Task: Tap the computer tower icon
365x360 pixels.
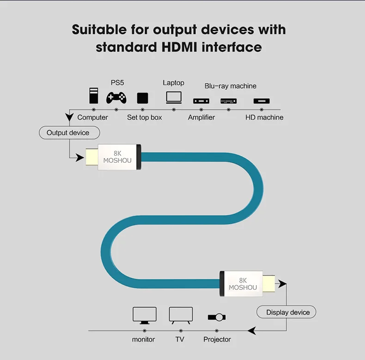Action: pos(94,96)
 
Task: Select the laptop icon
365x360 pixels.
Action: pos(174,97)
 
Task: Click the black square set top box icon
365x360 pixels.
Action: pos(142,98)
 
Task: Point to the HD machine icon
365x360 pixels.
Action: pos(262,101)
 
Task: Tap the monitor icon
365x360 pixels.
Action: pos(144,315)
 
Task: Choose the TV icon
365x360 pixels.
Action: pos(180,315)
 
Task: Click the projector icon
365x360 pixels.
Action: pos(217,317)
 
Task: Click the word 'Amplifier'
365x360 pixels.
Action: pos(201,117)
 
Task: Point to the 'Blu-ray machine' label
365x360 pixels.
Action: pos(230,86)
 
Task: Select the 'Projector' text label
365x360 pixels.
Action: pos(217,340)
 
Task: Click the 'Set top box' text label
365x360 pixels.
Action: pos(145,117)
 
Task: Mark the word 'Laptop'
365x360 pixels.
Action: pos(173,83)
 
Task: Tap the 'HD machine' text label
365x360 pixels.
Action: pos(264,117)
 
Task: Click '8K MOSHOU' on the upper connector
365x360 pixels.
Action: pos(117,157)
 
